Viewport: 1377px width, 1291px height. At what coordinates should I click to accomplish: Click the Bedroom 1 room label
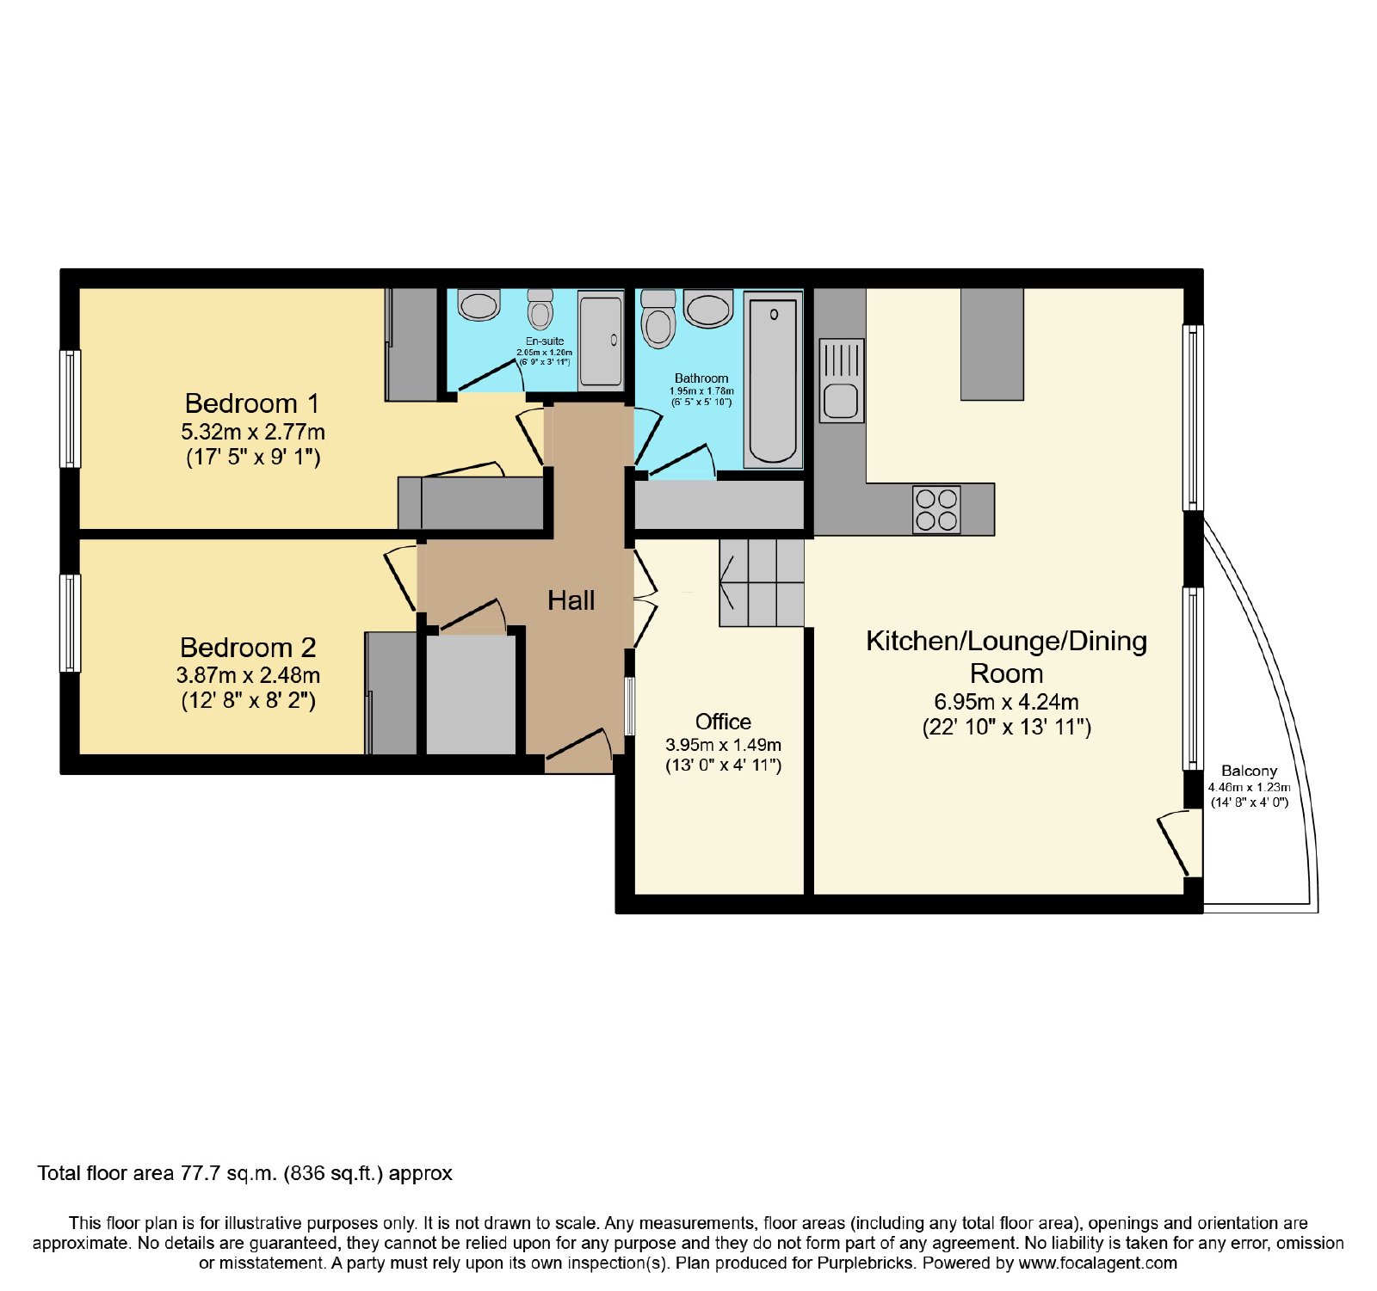252,403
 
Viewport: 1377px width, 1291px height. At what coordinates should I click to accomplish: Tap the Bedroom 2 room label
248,648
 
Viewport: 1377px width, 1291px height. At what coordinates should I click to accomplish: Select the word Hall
571,600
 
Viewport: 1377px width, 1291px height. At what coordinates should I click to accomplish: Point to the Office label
723,722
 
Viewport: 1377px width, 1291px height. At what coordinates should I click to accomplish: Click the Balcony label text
1249,771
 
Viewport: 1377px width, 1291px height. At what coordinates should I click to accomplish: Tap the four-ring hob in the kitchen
936,509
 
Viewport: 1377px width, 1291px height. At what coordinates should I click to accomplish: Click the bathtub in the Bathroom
773,379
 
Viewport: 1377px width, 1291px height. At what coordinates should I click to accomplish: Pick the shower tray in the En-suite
601,340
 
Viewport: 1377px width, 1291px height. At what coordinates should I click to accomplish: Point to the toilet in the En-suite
540,309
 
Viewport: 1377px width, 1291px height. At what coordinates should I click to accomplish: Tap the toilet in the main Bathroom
658,318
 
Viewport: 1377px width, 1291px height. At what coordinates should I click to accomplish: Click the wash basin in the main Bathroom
708,309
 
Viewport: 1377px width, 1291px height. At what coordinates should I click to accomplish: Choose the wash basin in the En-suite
479,304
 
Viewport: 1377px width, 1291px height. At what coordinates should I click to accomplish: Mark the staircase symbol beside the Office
762,582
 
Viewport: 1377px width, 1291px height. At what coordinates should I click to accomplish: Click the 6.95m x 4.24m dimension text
1006,702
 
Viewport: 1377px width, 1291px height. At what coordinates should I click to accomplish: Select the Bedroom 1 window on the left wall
70,409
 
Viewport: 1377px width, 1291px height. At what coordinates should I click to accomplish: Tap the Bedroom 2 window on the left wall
70,623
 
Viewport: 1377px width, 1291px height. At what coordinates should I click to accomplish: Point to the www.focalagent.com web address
1098,1263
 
